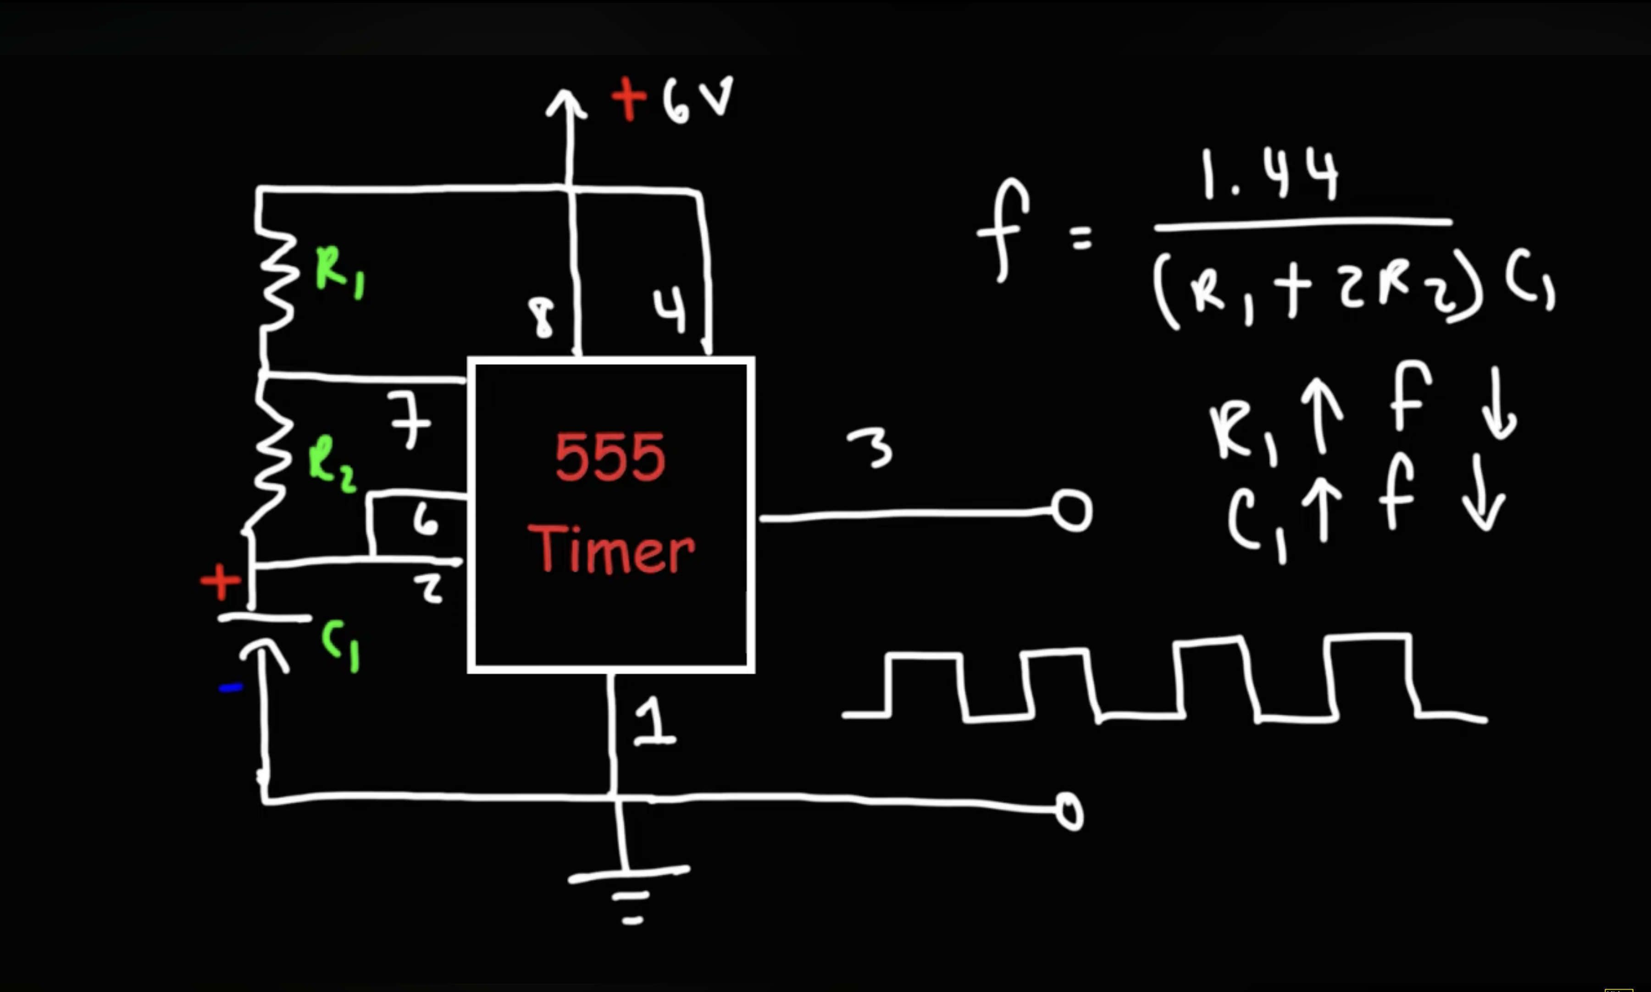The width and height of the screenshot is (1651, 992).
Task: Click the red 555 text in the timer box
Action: tap(610, 458)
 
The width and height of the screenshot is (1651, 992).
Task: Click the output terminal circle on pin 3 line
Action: tap(1072, 512)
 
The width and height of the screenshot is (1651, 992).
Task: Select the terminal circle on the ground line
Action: tap(1070, 811)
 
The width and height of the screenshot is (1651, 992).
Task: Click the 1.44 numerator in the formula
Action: tap(1269, 175)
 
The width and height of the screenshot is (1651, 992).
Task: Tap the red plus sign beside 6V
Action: tap(629, 99)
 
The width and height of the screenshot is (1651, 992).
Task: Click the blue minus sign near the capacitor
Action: tap(231, 687)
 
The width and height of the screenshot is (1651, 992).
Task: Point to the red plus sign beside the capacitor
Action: tap(221, 582)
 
